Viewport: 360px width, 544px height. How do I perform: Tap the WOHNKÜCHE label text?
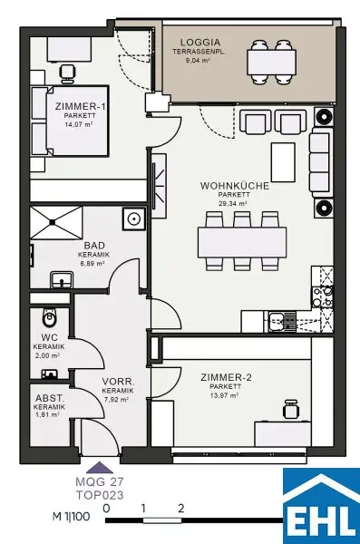coord(235,186)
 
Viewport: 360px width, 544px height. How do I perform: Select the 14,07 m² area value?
coord(79,124)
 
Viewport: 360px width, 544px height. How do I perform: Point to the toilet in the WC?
coord(49,317)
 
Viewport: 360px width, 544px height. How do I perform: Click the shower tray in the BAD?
coord(56,222)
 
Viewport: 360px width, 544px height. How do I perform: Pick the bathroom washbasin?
coord(62,279)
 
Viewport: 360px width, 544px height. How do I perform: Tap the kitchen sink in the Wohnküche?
coord(277,322)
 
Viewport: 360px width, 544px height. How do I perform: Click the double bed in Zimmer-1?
coord(70,121)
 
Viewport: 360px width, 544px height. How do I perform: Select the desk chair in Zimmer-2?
coord(290,410)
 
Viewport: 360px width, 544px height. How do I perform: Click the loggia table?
coord(272,63)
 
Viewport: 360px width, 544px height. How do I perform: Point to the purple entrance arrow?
coord(100,467)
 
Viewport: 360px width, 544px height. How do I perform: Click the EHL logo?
coord(321,506)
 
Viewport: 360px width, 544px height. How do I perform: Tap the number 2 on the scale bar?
coord(180,509)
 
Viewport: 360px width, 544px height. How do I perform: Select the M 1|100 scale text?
coord(71,516)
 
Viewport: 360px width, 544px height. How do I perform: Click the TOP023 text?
coord(100,495)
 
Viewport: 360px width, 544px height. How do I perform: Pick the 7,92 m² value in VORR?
coord(116,399)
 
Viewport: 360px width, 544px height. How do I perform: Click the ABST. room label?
coord(50,398)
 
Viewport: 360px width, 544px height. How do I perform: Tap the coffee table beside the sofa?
coord(283,162)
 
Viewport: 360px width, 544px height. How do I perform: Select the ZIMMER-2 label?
coord(226,377)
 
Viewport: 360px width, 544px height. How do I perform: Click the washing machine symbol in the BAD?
coord(133,219)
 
